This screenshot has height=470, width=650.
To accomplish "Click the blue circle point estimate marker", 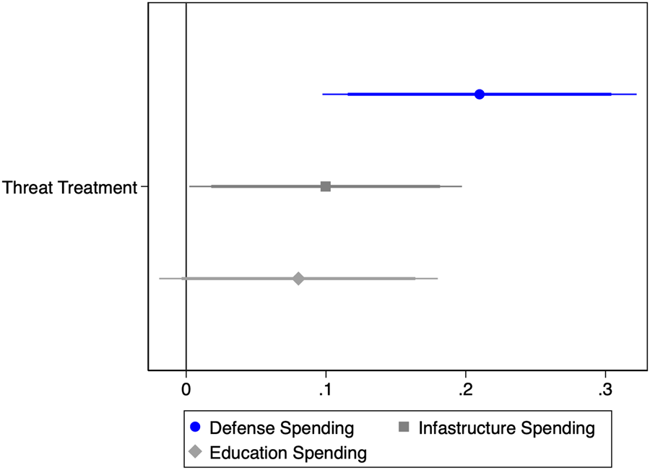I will pos(480,94).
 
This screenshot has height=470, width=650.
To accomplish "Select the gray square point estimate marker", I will pos(326,186).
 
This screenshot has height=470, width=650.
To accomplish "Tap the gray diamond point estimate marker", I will pos(298,279).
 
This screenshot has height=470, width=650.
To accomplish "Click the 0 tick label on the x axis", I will pos(186,390).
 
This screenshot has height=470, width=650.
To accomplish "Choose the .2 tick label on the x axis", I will pos(465,390).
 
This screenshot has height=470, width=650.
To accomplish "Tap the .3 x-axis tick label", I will pos(604,390).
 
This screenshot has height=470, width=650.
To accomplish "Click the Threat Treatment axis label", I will pos(69,188).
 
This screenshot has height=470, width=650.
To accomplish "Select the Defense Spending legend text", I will pos(282,428).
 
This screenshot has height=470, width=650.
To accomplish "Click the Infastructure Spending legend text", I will pos(506,428).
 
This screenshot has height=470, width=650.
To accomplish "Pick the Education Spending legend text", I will pos(288,453).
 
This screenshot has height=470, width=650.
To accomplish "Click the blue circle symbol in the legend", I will pos(195,427).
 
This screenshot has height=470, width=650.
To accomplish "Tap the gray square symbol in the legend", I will pos(404,427).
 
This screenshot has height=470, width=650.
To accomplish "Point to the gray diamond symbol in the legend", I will pos(195,453).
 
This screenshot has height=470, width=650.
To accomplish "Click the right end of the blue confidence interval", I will pos(636,94).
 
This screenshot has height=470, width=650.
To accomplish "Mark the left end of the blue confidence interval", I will pos(323,94).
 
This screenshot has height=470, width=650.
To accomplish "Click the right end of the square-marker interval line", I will pos(461,186).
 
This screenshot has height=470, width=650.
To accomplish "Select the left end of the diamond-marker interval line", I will pos(160,279).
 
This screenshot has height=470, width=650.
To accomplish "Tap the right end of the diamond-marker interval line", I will pos(438,279).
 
